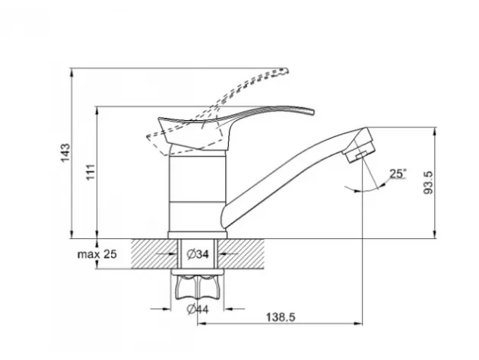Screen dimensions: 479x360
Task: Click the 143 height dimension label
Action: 65,153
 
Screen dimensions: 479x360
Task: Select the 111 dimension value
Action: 90,172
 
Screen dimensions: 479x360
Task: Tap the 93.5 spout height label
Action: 428,183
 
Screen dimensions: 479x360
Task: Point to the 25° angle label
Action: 398,174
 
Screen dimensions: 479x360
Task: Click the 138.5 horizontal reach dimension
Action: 281,317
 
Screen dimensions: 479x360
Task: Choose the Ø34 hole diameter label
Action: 198,254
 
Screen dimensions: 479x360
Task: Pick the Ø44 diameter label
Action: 198,309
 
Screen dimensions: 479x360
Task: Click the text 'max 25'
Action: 97,254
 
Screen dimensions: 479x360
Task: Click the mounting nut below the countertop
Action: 198,287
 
